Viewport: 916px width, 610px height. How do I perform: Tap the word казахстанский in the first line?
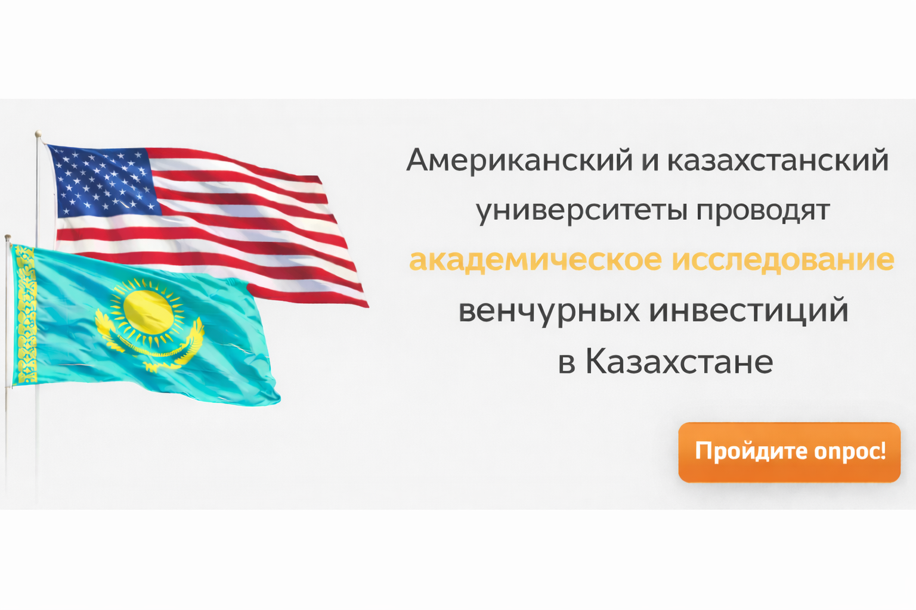[778, 161]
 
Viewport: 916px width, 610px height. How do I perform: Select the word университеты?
[581, 211]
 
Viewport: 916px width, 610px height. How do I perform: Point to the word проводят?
[763, 211]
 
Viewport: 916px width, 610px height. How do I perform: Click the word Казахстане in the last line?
[679, 362]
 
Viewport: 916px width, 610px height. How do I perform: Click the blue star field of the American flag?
[104, 180]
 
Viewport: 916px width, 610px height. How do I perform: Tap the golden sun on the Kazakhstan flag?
[148, 312]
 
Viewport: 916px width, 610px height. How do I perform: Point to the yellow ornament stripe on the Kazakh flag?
[26, 315]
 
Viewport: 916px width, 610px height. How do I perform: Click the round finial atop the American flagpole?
[38, 133]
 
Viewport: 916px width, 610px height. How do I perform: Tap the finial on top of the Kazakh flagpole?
[7, 237]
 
